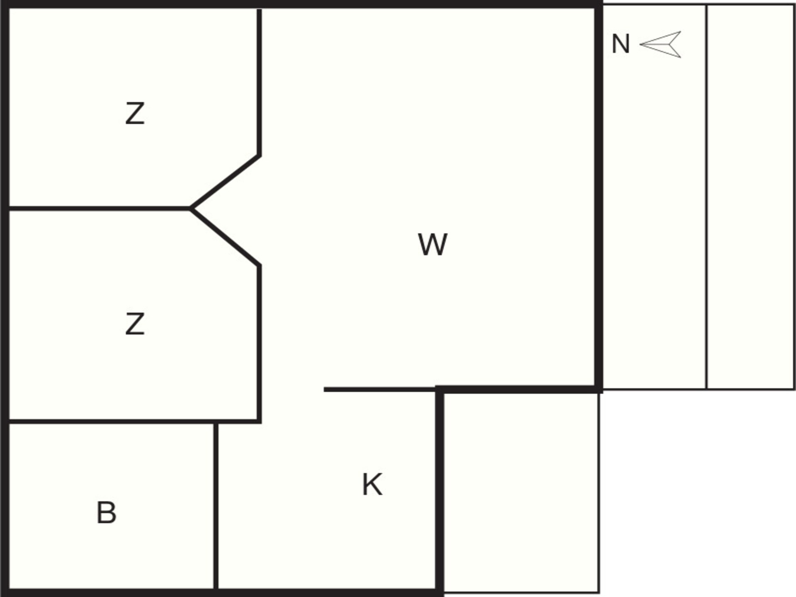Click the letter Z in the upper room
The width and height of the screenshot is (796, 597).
point(135,114)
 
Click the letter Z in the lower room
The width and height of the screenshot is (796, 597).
point(135,324)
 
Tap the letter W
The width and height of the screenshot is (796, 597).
point(432,245)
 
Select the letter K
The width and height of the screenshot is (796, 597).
point(372,484)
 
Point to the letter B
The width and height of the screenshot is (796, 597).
point(107,513)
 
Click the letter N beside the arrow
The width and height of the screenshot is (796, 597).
point(621,44)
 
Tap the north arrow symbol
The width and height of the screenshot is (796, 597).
point(660,44)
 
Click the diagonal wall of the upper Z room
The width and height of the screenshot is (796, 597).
point(225,182)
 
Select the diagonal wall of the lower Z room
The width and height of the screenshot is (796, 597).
point(225,236)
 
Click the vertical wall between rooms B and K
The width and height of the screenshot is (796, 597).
point(216,505)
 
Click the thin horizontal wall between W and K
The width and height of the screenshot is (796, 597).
point(380,389)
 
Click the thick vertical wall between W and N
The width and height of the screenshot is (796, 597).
point(598,197)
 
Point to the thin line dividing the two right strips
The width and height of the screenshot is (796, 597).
point(706,197)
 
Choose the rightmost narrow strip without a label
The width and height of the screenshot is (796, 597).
point(751,197)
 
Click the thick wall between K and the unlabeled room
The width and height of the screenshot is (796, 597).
point(440,491)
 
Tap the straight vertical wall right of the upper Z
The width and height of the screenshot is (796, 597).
point(259,82)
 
